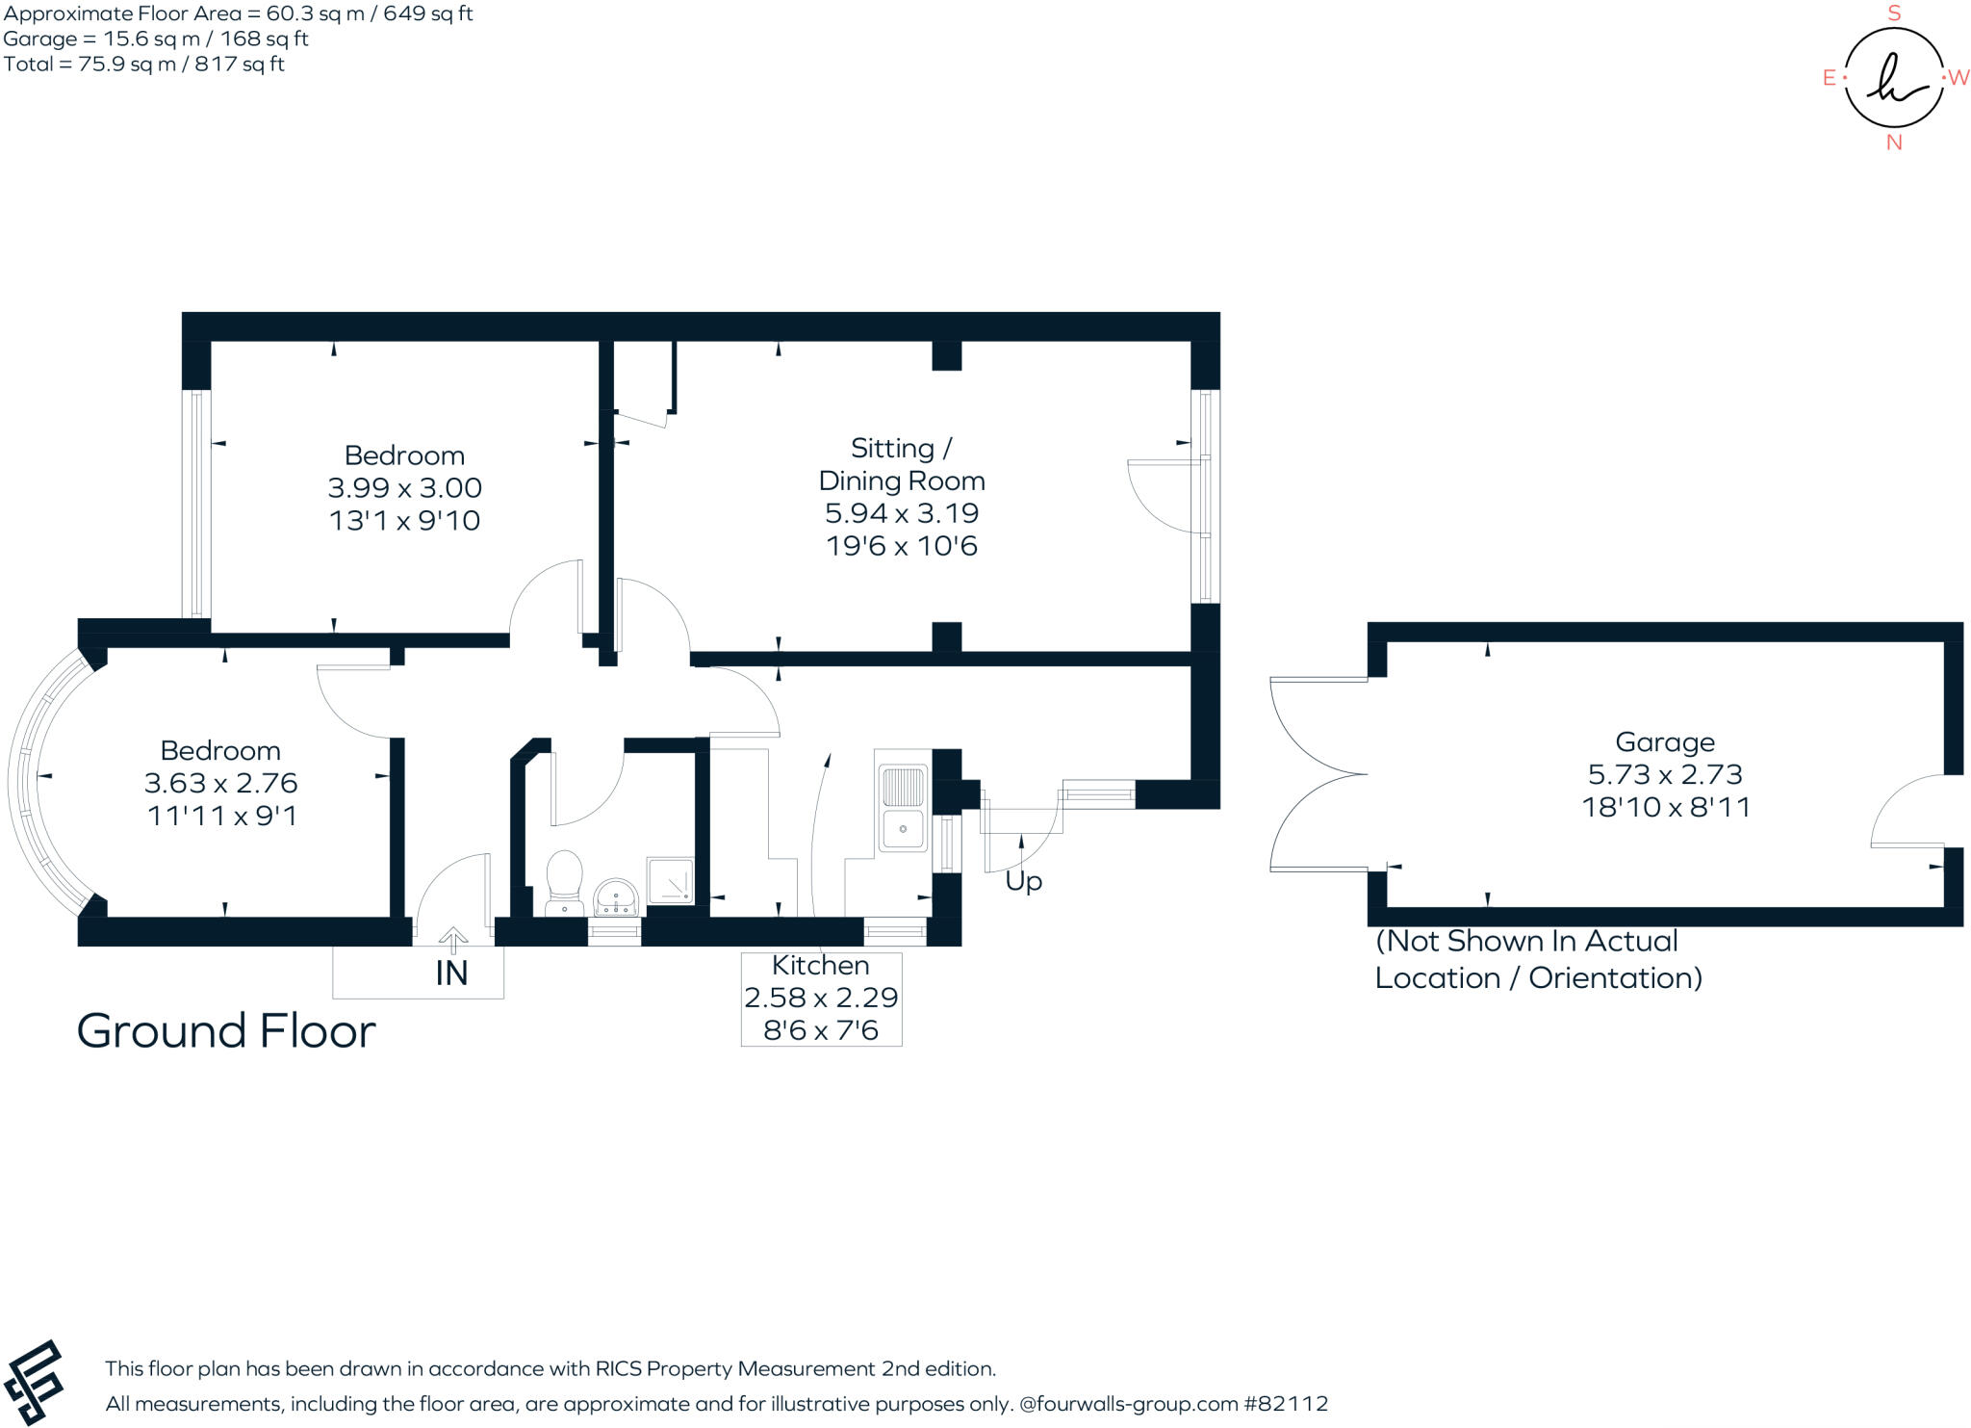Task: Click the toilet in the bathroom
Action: pyautogui.click(x=564, y=881)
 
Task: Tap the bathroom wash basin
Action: pyautogui.click(x=615, y=896)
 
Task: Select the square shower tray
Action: pyautogui.click(x=670, y=880)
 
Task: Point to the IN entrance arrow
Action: pyautogui.click(x=452, y=940)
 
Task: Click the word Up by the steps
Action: pyautogui.click(x=1023, y=881)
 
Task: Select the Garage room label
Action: pyautogui.click(x=1664, y=741)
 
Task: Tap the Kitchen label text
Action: pyautogui.click(x=820, y=965)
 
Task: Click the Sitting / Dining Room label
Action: pyautogui.click(x=901, y=464)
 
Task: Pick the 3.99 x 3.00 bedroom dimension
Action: pyautogui.click(x=404, y=487)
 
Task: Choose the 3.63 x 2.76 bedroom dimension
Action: pyautogui.click(x=220, y=783)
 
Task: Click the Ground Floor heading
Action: pyautogui.click(x=226, y=1030)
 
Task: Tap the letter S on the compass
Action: pyautogui.click(x=1894, y=13)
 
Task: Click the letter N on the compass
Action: pyautogui.click(x=1894, y=143)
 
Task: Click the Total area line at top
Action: pyautogui.click(x=144, y=65)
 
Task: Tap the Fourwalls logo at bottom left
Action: pyautogui.click(x=34, y=1381)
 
